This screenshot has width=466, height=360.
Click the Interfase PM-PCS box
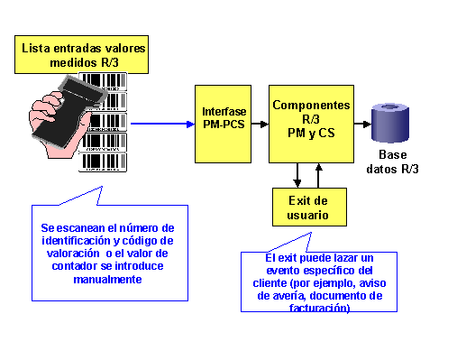tap(223, 124)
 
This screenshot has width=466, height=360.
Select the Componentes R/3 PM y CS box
tap(311, 124)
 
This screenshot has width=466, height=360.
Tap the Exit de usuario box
tap(309, 207)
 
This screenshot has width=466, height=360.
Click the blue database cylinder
tap(390, 123)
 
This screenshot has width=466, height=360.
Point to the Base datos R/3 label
tap(392, 162)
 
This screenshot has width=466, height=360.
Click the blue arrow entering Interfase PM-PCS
tap(162, 124)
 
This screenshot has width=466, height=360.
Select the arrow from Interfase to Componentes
tap(260, 124)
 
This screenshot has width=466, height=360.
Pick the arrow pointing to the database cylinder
tap(362, 124)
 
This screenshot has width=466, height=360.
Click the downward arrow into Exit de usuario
tap(297, 175)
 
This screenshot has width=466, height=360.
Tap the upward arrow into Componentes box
tap(318, 175)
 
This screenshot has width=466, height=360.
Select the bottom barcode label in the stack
tap(103, 162)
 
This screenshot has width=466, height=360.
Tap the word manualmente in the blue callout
tap(107, 280)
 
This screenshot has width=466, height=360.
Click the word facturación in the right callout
tap(319, 308)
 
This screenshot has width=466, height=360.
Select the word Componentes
tap(311, 106)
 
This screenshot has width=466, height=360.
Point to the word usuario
tap(307, 215)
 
